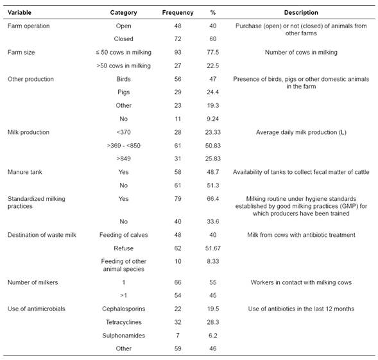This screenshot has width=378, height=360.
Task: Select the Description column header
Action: click(x=301, y=12)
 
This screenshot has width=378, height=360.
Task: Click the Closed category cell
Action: click(x=123, y=39)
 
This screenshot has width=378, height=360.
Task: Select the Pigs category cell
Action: click(x=123, y=92)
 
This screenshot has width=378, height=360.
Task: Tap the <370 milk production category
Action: click(x=123, y=132)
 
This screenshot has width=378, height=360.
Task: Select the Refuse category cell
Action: click(x=123, y=248)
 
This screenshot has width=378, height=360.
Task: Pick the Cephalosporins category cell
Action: click(x=123, y=309)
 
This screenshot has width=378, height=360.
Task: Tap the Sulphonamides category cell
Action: click(x=123, y=336)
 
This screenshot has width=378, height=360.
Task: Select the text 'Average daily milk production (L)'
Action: click(x=301, y=132)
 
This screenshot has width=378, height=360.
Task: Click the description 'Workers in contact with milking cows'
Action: click(x=301, y=282)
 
